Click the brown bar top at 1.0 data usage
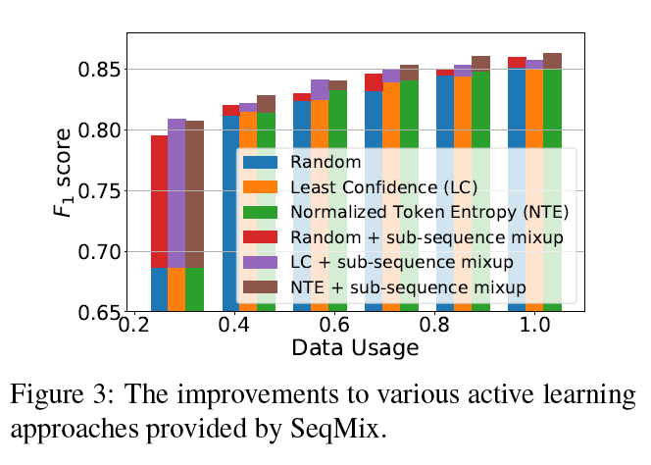552,60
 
